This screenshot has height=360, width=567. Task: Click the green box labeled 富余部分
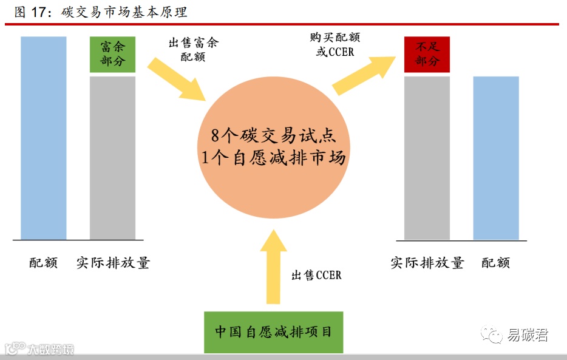[x=113, y=55]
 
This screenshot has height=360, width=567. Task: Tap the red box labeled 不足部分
[x=427, y=55]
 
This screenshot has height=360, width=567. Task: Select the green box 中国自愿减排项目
[x=273, y=332]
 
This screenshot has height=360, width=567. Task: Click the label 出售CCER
[x=316, y=276]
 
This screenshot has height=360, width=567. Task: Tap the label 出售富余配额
[x=193, y=50]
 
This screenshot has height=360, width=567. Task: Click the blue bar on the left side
[x=44, y=138]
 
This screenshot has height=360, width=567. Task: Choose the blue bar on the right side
[x=496, y=158]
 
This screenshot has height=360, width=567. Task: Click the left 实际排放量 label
[x=113, y=263]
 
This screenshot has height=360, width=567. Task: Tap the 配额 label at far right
[x=496, y=263]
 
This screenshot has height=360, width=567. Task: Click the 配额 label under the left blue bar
[x=44, y=263]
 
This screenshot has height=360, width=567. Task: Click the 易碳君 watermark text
[x=528, y=335]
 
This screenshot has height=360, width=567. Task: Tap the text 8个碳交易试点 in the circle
[x=273, y=136]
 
